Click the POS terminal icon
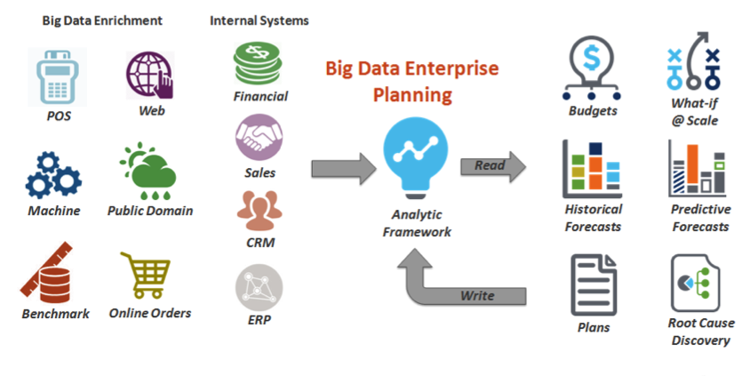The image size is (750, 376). [58, 77]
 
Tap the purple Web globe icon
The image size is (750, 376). [149, 75]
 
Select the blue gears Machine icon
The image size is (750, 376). [53, 175]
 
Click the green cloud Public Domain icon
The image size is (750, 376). [148, 171]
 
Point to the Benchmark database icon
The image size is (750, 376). [47, 273]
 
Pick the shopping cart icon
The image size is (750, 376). [146, 275]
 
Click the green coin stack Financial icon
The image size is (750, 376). [258, 62]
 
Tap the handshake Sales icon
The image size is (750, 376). [259, 137]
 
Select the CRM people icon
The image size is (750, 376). [259, 211]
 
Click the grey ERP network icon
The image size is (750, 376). [259, 288]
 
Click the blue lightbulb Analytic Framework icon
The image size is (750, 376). [416, 158]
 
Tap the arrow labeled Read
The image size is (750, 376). [493, 166]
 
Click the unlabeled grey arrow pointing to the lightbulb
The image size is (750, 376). [344, 168]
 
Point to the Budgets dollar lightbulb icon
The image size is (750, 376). [592, 68]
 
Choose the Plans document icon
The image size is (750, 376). [594, 285]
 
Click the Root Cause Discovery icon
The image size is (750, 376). [696, 284]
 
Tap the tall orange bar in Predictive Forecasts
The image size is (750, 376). [692, 164]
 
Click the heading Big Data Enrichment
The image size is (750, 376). [102, 20]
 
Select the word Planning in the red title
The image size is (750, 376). [412, 94]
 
